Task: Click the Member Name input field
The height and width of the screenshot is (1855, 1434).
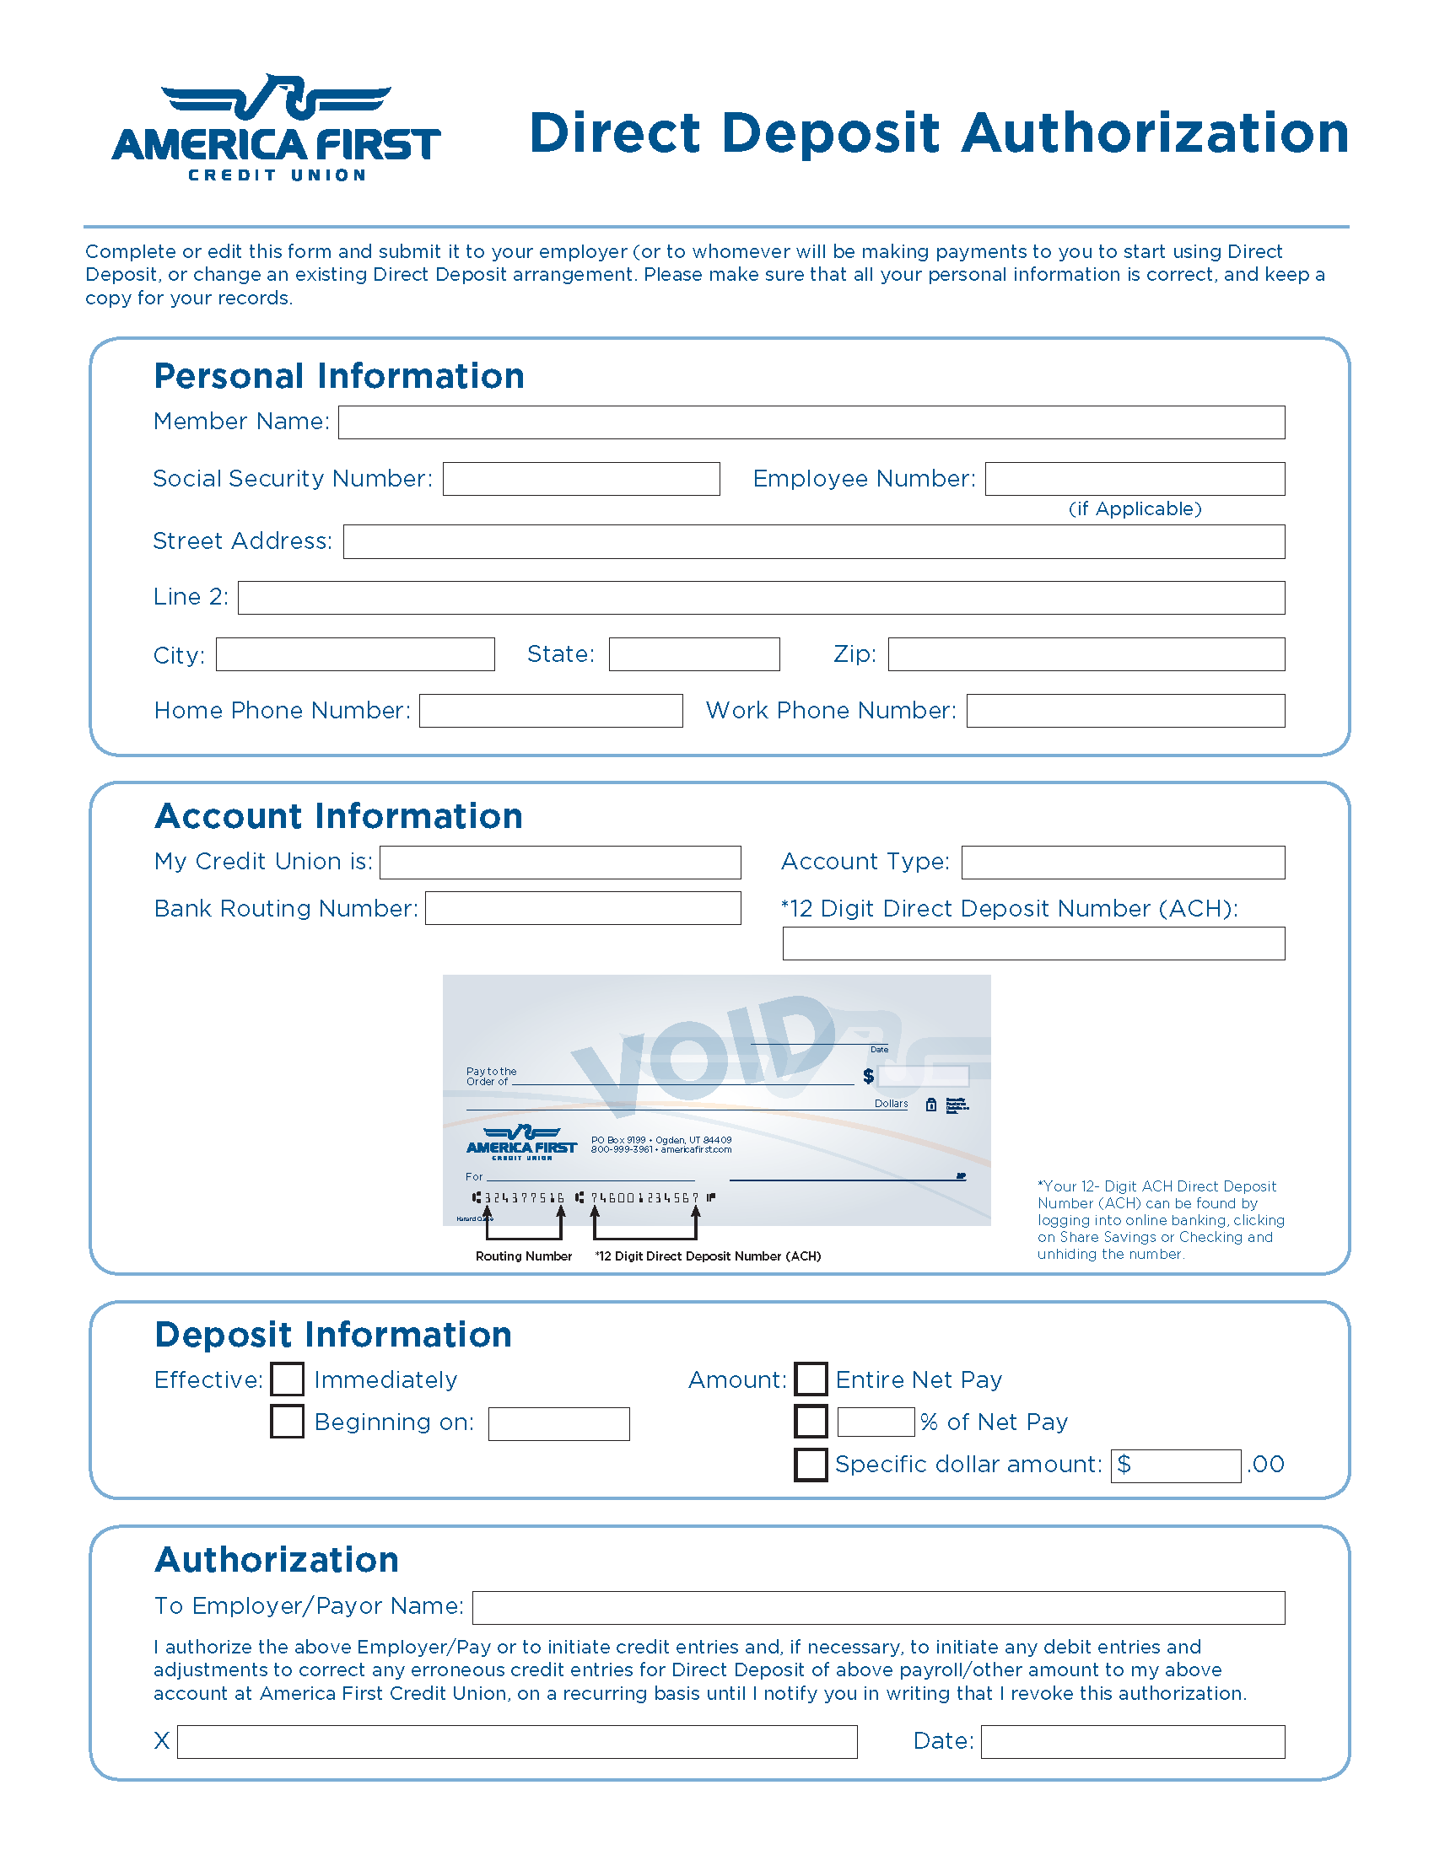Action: tap(811, 422)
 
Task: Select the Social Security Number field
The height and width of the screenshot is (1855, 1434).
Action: tap(581, 479)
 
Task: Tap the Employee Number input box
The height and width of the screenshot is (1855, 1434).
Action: tap(1134, 479)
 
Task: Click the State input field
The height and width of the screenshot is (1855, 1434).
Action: tap(694, 654)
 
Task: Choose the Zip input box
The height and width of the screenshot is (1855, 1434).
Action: tap(1086, 654)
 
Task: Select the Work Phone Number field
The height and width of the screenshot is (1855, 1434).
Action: tap(1124, 711)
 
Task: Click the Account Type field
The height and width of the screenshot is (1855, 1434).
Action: tap(1122, 862)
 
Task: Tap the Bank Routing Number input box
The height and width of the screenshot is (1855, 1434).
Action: tap(583, 908)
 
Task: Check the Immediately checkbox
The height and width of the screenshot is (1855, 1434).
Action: tap(287, 1379)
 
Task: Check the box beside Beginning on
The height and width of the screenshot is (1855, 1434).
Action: tap(287, 1422)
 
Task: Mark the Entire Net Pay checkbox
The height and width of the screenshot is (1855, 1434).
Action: tap(811, 1379)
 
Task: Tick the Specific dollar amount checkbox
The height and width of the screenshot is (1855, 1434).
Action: tap(811, 1465)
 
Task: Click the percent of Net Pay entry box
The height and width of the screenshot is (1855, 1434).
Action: tap(875, 1422)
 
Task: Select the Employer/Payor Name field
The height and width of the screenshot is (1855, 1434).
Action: tap(878, 1608)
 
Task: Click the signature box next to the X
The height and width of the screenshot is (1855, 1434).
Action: tap(516, 1741)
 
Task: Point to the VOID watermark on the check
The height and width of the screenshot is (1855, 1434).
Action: tap(705, 1053)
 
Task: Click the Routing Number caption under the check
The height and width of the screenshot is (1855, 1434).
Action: tap(523, 1256)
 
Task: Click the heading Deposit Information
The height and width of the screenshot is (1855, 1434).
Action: tap(333, 1336)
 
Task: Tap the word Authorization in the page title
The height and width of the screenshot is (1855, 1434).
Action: tap(1156, 133)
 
